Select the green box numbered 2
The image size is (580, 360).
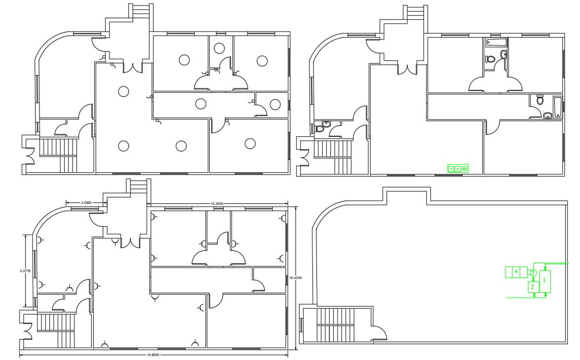[x=533, y=287]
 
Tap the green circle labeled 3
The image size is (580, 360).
[x=533, y=273]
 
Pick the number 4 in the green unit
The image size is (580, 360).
[x=516, y=272]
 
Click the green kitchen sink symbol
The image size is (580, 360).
[x=458, y=169]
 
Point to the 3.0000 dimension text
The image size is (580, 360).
[x=86, y=203]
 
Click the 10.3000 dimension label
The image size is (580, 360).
[x=217, y=203]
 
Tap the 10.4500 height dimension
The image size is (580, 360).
[x=296, y=278]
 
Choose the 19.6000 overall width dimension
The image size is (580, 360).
[x=153, y=354]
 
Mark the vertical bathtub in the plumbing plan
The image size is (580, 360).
[x=558, y=107]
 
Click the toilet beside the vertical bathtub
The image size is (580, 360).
[x=540, y=100]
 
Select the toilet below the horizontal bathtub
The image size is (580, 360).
[x=490, y=59]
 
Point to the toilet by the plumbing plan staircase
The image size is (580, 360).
[x=319, y=129]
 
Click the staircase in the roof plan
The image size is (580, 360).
[x=335, y=324]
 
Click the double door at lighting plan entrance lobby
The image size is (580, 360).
[x=131, y=68]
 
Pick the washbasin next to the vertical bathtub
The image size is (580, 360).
[x=547, y=116]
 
